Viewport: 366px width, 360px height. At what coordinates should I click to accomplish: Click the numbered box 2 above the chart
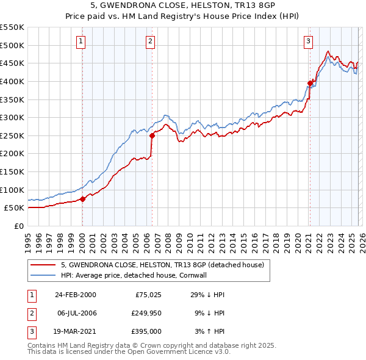point(150,41)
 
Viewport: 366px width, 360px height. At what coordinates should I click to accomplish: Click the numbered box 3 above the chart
point(309,41)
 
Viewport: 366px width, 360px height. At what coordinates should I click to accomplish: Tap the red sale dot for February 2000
point(83,198)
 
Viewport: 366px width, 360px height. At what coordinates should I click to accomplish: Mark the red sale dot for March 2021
point(310,83)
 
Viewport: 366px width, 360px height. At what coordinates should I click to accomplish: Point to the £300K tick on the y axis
point(12,117)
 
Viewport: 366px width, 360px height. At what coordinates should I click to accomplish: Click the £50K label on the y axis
point(15,207)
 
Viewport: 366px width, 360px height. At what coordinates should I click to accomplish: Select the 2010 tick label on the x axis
point(190,239)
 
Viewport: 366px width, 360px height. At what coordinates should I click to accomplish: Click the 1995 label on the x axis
point(28,239)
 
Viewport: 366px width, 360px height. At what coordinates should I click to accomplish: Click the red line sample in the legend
point(43,265)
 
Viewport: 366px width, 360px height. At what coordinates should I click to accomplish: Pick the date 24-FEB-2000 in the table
point(75,295)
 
